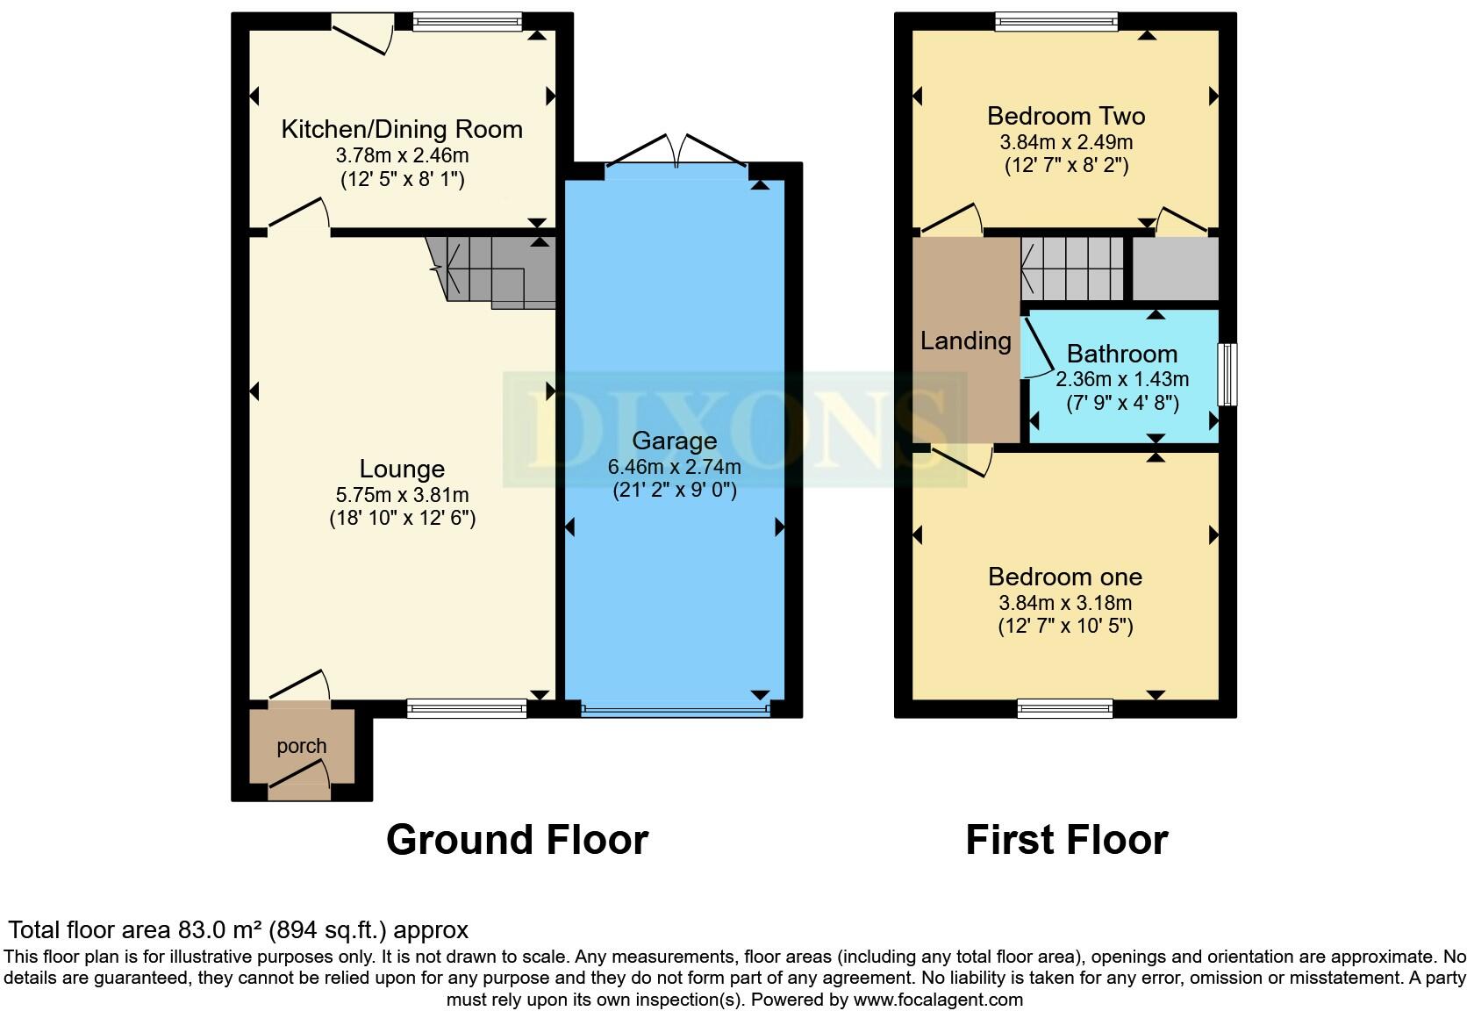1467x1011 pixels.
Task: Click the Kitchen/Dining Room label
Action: (402, 130)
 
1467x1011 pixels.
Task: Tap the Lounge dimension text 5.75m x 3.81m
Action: (402, 495)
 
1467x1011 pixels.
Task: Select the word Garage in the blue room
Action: (674, 441)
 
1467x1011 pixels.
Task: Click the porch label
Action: (302, 746)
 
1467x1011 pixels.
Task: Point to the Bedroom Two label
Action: (1065, 116)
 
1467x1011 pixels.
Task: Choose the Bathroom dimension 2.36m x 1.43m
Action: (1121, 379)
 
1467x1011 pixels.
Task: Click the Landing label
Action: (965, 341)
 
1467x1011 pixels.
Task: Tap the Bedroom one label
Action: (1064, 577)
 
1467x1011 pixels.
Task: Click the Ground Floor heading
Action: (517, 840)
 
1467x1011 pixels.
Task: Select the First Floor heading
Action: (1066, 840)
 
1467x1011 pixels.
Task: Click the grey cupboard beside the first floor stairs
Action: (1175, 268)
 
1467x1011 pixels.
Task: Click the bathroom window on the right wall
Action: (1229, 375)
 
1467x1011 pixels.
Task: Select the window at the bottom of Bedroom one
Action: (1065, 707)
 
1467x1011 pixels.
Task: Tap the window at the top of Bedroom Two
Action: (1056, 22)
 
